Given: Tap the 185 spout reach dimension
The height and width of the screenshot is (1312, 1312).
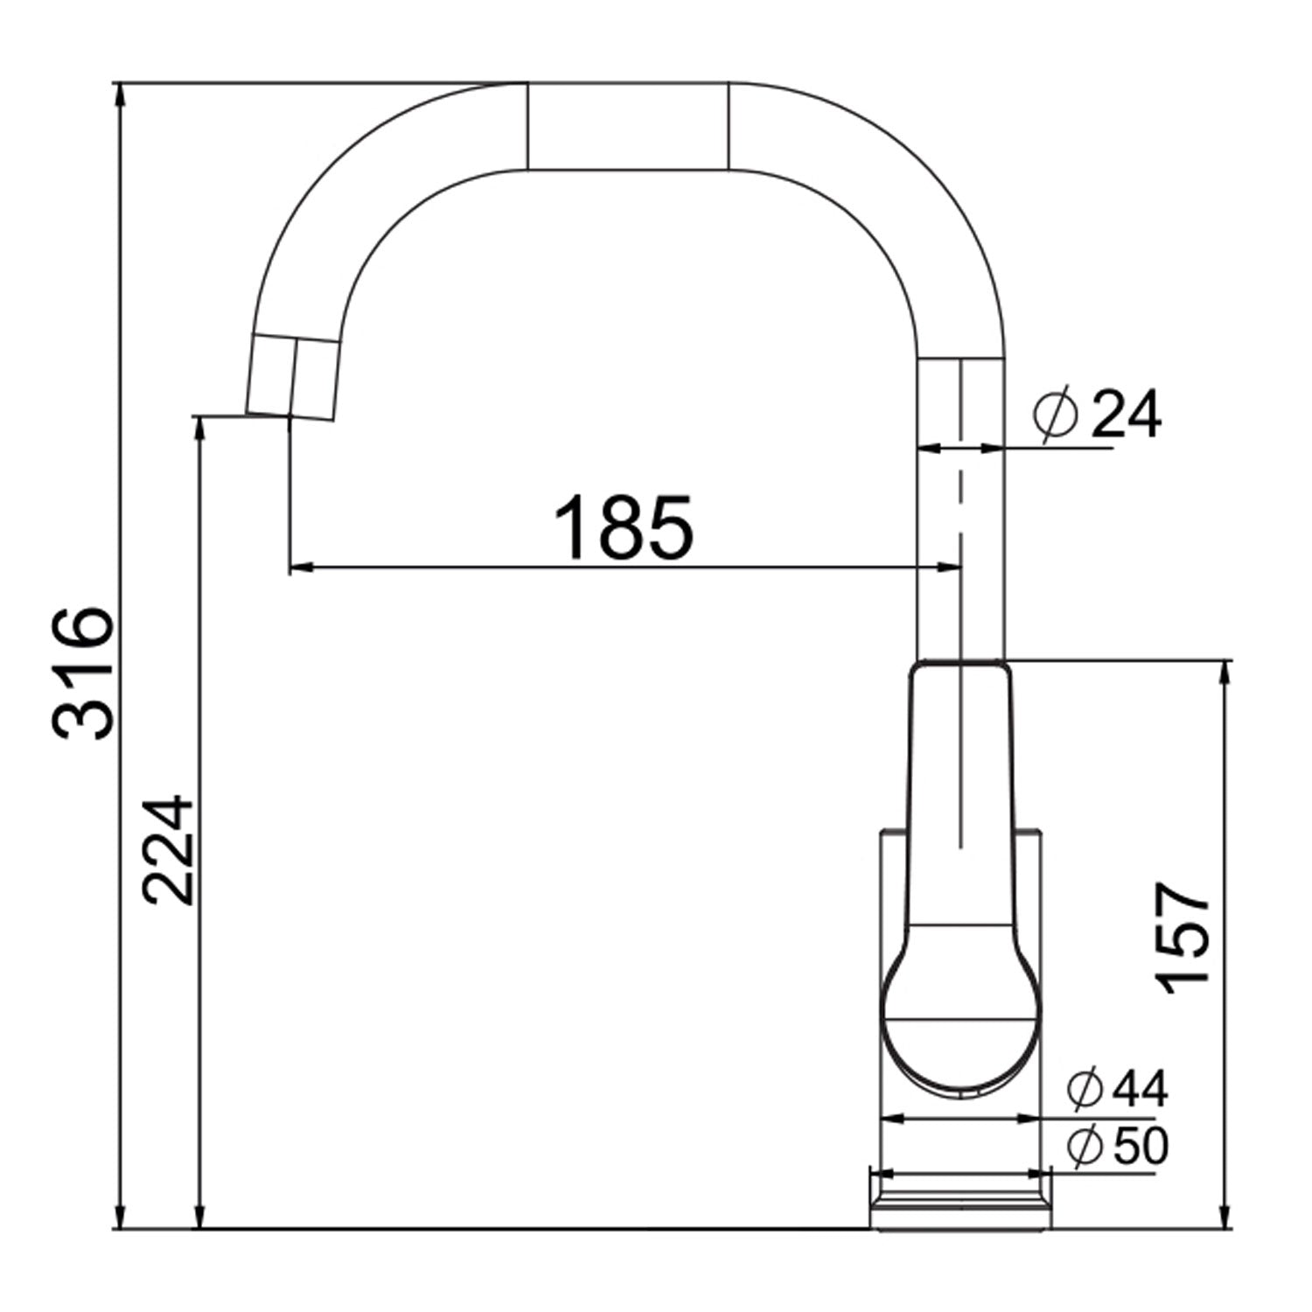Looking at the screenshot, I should (624, 527).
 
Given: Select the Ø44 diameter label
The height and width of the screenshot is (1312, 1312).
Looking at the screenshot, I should (1117, 1089).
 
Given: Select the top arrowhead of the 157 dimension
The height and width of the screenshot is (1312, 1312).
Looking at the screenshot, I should (1225, 672).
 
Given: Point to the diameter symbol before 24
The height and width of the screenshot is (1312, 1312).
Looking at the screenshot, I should (1054, 415).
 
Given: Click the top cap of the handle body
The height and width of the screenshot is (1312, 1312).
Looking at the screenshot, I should (960, 669).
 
